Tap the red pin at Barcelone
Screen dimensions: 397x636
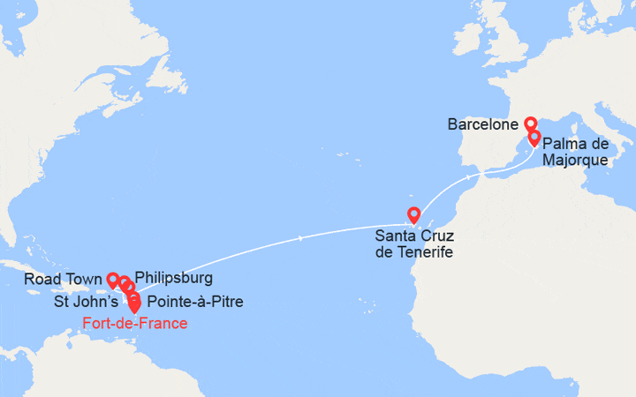coord(530,124)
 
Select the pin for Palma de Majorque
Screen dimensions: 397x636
coord(534,138)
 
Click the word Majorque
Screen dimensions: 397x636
coord(575,160)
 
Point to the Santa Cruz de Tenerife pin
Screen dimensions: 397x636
coord(413,213)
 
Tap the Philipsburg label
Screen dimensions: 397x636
coord(174,278)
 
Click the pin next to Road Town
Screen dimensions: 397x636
coord(112,279)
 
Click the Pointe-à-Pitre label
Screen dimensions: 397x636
coord(195,302)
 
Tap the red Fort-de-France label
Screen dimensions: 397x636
coord(134,323)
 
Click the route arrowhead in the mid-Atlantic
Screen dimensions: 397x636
coord(302,238)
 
